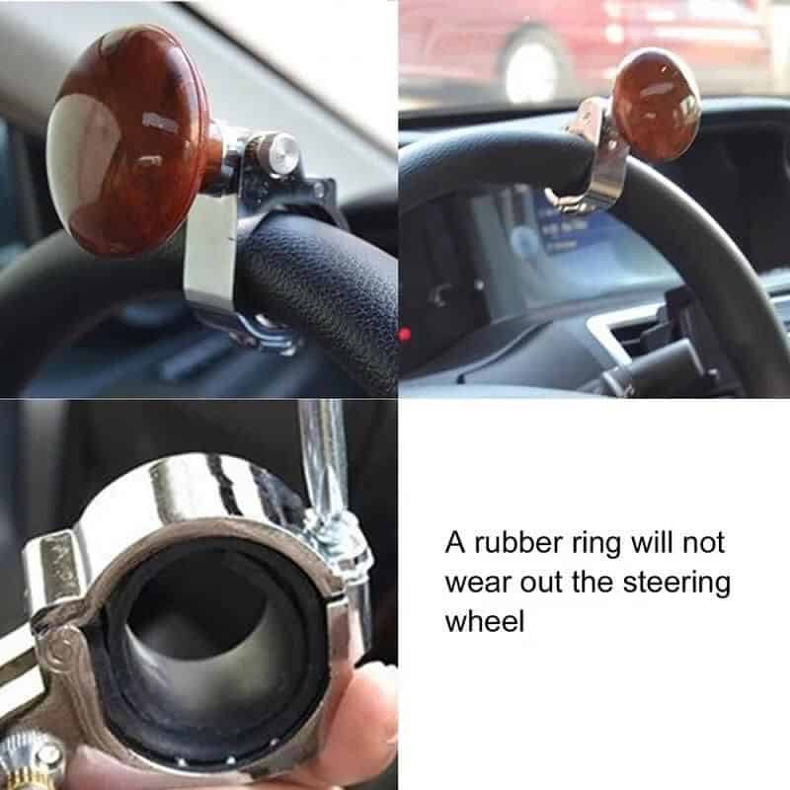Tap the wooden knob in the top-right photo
pos(656,105)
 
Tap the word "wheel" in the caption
pos(485,621)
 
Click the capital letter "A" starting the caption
pos(455,543)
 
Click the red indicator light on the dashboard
pos(404,334)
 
